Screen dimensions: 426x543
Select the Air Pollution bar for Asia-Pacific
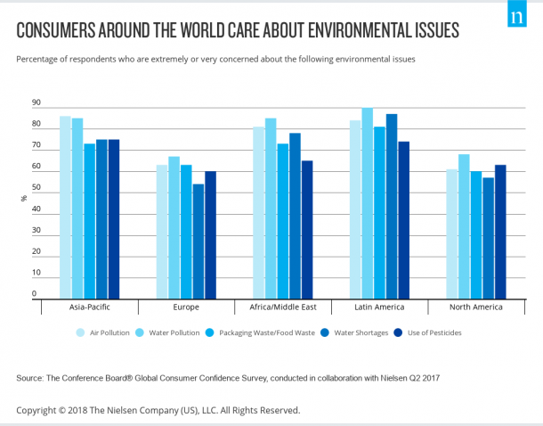point(65,207)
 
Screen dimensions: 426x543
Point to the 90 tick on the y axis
point(36,102)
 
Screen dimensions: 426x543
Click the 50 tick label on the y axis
point(36,187)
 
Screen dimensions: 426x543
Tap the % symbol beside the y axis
point(24,198)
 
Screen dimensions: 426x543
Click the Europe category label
point(186,307)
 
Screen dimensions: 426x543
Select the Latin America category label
point(379,307)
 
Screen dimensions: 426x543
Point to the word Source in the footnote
point(31,379)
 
